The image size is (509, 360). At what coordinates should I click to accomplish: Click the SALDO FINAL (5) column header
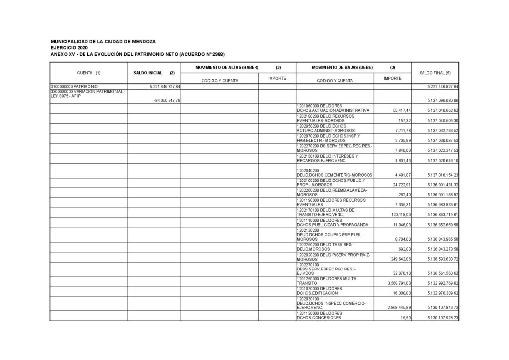point(435,73)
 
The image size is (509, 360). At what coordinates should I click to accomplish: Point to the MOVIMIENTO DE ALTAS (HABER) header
point(227,67)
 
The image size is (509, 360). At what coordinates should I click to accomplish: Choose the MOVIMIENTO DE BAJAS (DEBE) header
point(342,67)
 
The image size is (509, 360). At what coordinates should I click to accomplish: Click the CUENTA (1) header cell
point(88,73)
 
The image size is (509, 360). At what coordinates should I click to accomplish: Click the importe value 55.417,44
point(399,110)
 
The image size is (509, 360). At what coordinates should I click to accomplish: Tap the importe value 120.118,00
point(398,214)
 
